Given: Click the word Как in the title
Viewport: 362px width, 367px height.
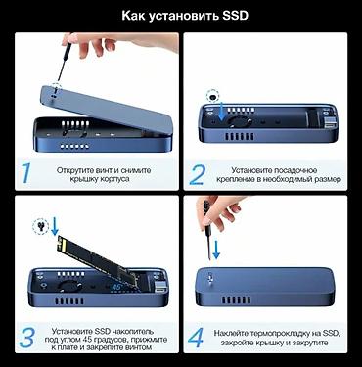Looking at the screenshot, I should click(x=135, y=17).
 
